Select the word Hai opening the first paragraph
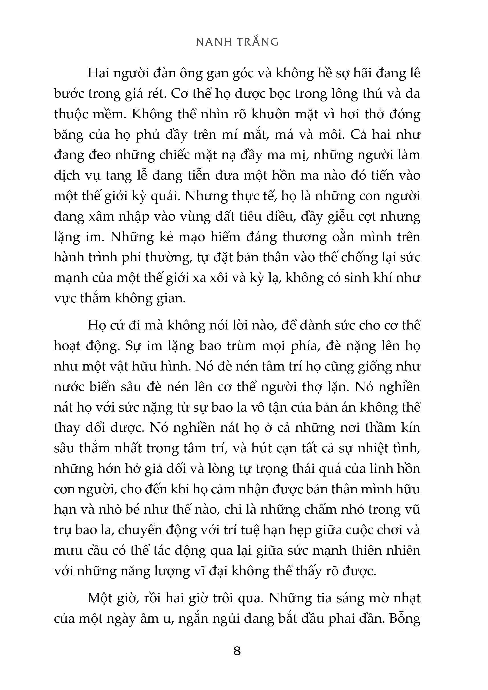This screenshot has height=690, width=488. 98,74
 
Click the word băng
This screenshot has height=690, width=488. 68,135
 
